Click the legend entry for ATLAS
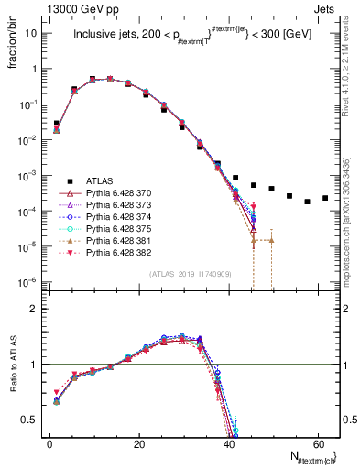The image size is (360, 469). coord(99,181)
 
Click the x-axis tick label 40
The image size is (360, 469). coord(227,445)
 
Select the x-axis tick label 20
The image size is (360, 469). coord(138,445)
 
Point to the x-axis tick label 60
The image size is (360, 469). coord(316,445)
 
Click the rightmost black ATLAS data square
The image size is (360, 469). coord(325,198)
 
